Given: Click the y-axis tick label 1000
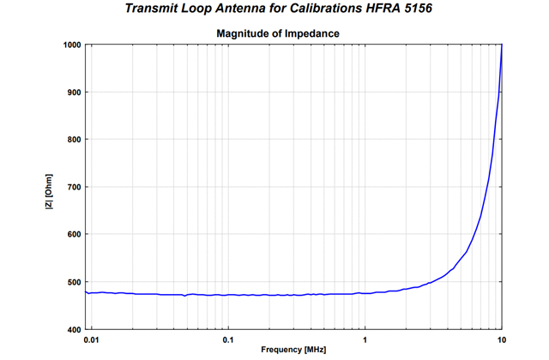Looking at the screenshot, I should pyautogui.click(x=70, y=45).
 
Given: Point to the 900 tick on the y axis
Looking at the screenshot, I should pyautogui.click(x=73, y=92).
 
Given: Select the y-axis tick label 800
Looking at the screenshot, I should pyautogui.click(x=73, y=140).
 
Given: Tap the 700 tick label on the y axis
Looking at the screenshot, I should pyautogui.click(x=73, y=187).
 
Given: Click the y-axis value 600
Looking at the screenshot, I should pyautogui.click(x=73, y=235).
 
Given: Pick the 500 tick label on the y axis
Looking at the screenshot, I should pyautogui.click(x=73, y=282).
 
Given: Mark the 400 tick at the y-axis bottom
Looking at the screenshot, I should pyautogui.click(x=73, y=330).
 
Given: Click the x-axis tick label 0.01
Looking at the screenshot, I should pyautogui.click(x=92, y=339).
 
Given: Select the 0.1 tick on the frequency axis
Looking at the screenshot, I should pyautogui.click(x=227, y=339).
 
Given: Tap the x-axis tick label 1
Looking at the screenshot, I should pyautogui.click(x=365, y=339).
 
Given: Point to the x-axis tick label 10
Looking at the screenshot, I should pyautogui.click(x=501, y=339).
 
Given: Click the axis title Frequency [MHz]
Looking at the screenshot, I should pyautogui.click(x=293, y=350).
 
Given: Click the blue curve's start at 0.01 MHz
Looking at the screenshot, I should pyautogui.click(x=87, y=292).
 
